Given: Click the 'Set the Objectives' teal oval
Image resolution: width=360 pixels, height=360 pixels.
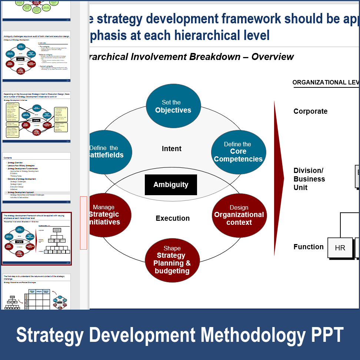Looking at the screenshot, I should pos(173,106).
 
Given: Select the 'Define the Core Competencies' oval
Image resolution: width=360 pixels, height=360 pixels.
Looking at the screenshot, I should pos(239,152).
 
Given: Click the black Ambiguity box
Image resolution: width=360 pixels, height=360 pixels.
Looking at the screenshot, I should pos(171,184).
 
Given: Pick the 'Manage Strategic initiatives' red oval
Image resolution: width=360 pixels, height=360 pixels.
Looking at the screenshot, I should pos(110,215).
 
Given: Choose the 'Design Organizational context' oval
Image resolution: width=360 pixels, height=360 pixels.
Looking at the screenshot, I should pos(239,215).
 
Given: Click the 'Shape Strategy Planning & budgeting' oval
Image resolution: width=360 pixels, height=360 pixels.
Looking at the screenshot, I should pos(172,260).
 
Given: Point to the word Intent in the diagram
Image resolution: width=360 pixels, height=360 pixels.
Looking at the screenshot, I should pos(171,149).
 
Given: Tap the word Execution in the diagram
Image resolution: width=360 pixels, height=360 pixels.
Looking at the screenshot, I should pos(173,218).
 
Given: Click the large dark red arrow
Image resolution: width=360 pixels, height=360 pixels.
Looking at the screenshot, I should pos(278,178).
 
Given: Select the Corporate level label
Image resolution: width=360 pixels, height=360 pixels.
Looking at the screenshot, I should pos(310,111).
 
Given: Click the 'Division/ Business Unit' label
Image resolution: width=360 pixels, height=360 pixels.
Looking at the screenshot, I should pos(309,179).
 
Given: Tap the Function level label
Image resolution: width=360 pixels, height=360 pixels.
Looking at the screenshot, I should pos(309,247).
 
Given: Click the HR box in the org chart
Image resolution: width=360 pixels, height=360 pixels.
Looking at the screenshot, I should pos(340,248).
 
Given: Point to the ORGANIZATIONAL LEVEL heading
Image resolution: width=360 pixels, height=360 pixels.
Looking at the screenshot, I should pos(326,82).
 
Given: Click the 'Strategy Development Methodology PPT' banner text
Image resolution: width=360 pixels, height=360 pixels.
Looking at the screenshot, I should pos(180,334).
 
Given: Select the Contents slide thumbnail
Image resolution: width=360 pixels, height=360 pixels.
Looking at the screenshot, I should pos(36,178).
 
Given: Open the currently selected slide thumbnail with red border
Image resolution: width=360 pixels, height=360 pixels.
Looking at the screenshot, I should pos(36,239).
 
